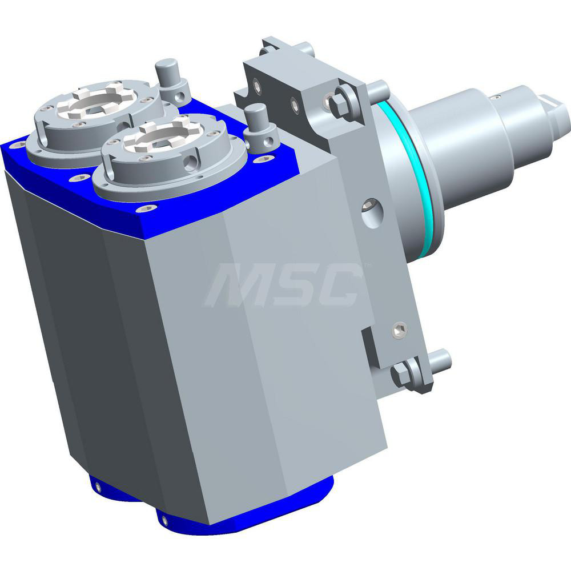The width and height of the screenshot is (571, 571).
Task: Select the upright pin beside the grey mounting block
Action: click(x=256, y=120)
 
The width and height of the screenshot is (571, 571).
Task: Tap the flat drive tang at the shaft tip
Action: click(x=557, y=108)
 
